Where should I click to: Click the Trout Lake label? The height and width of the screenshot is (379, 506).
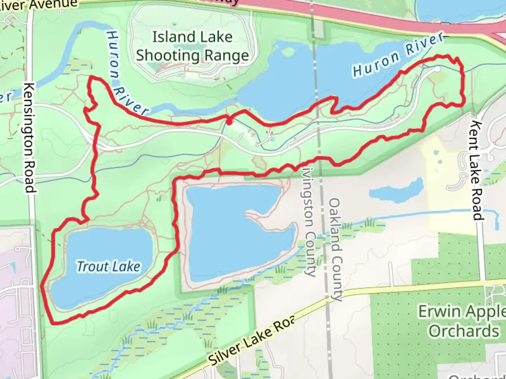coord(109,267)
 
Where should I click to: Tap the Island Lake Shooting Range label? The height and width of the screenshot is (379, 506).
coord(193,46)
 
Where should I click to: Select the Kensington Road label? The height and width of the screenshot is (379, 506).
coord(31,137)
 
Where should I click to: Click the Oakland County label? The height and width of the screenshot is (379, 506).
coord(335,249)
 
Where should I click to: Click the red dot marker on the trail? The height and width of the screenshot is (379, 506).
coord(229,123)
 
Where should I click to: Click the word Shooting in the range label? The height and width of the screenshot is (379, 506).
coord(168,55)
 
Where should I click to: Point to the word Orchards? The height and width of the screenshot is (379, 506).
coord(464,331)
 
